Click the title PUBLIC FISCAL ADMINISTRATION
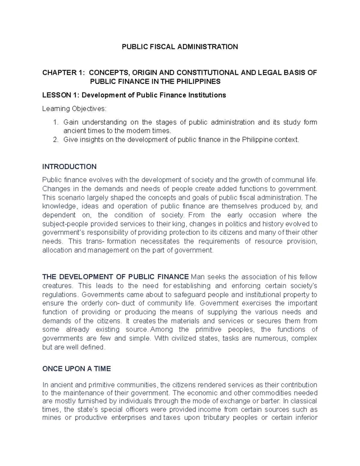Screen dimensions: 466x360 (x=179, y=47)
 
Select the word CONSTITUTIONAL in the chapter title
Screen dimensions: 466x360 (x=207, y=73)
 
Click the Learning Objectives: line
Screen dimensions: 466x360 (x=74, y=109)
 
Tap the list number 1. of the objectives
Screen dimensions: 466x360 (x=55, y=122)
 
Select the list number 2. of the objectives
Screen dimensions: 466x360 (x=55, y=140)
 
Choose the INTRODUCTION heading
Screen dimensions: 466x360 (x=69, y=167)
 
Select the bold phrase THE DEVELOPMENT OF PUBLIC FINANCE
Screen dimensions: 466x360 (x=115, y=277)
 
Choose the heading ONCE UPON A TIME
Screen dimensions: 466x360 (x=76, y=369)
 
